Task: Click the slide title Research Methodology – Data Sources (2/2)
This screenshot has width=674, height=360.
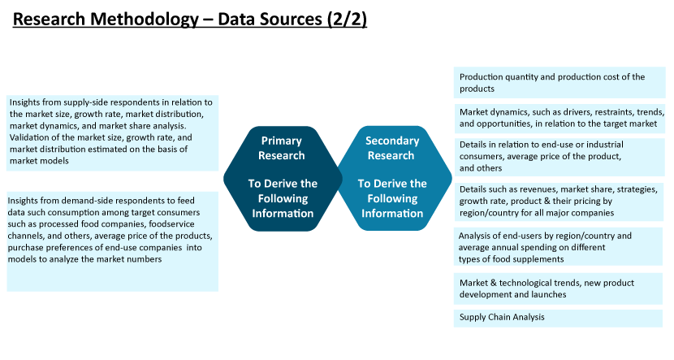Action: pyautogui.click(x=189, y=20)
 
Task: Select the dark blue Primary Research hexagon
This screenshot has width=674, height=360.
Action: pyautogui.click(x=283, y=179)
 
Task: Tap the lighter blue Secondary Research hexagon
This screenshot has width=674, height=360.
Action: pyautogui.click(x=394, y=179)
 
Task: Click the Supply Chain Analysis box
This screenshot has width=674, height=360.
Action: pyautogui.click(x=558, y=318)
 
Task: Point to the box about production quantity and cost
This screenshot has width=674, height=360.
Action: pyautogui.click(x=560, y=83)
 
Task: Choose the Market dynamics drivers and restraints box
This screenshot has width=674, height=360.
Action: pyautogui.click(x=560, y=119)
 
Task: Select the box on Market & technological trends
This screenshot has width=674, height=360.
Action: pyautogui.click(x=558, y=288)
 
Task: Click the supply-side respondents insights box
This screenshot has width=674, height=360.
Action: pyautogui.click(x=113, y=133)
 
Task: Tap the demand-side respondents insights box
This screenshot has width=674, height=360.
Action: pyautogui.click(x=113, y=241)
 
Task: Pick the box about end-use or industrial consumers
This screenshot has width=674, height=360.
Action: pyautogui.click(x=560, y=157)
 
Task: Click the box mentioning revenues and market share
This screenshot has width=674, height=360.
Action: pyautogui.click(x=559, y=202)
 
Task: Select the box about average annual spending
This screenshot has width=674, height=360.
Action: pyautogui.click(x=559, y=247)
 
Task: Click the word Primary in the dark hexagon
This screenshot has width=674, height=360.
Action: pyautogui.click(x=282, y=141)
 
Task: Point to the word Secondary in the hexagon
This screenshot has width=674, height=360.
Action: pyautogui.click(x=392, y=141)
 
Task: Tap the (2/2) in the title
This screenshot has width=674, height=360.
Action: pyautogui.click(x=347, y=20)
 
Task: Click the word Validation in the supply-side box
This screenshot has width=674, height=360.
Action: pyautogui.click(x=28, y=137)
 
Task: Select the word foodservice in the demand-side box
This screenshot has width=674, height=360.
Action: pyautogui.click(x=171, y=224)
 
